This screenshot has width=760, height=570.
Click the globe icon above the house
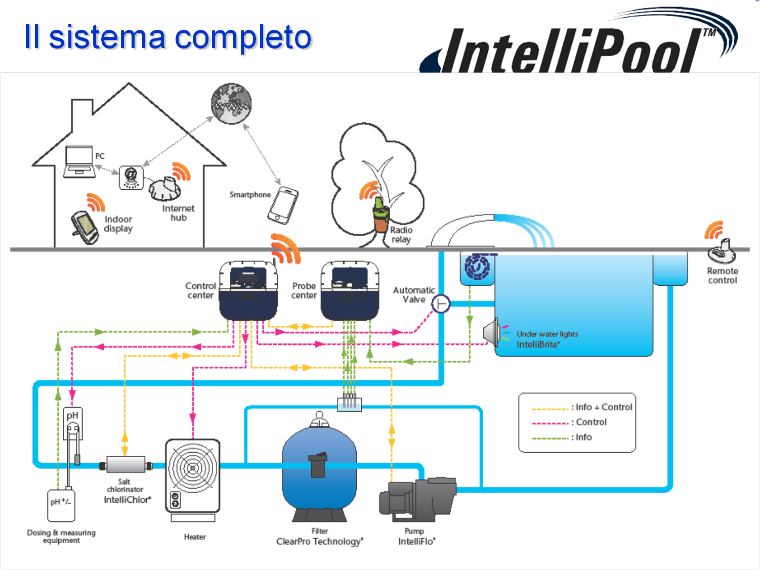click(x=231, y=104)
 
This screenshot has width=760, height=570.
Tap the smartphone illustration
click(x=283, y=205)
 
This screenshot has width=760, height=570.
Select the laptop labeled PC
click(x=79, y=162)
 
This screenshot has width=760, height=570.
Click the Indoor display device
click(x=85, y=227)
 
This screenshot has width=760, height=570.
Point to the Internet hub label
click(x=178, y=213)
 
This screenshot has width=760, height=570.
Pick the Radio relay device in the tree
click(x=381, y=215)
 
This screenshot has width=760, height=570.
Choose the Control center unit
click(x=248, y=290)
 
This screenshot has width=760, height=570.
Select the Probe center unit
click(x=350, y=290)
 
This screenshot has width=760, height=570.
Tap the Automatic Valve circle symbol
click(x=441, y=303)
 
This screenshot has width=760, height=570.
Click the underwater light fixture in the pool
click(x=492, y=332)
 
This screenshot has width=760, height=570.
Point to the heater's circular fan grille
click(x=192, y=468)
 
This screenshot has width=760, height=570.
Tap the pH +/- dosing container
click(x=61, y=505)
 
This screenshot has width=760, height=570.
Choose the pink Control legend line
click(x=550, y=423)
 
